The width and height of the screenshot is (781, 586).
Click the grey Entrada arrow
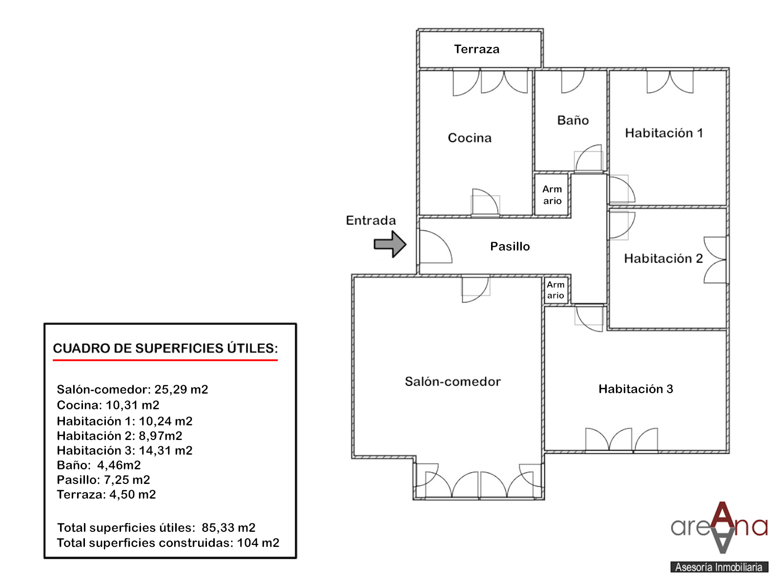pos(390,244)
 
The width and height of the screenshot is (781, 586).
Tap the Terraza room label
pos(476,49)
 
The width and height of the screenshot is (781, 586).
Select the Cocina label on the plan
pos(470,138)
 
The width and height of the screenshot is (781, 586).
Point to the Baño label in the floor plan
pos(573,120)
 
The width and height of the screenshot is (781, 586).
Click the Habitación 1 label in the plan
pos(664,133)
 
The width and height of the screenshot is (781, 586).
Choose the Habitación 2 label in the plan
pos(663,258)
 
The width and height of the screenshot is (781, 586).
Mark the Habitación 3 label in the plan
pos(636,389)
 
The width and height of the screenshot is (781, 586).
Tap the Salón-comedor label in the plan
pos(452,381)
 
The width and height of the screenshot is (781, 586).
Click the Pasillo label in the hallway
pos(510,246)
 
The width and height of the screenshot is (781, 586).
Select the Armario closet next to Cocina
pos(552,195)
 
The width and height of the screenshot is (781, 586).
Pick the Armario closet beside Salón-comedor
pos(556,290)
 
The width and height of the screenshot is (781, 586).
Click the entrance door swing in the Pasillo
pos(436,247)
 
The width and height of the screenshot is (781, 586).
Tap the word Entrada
pos(371,220)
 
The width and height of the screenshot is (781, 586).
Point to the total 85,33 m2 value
pos(228,528)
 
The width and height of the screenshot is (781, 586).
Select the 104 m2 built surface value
pos(258,543)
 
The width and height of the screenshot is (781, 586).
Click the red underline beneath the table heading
pos(165,360)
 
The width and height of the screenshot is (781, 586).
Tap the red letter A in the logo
pos(722,516)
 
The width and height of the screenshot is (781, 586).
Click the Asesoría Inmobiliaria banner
pos(719,567)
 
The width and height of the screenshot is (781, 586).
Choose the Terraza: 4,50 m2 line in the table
pos(106,495)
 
